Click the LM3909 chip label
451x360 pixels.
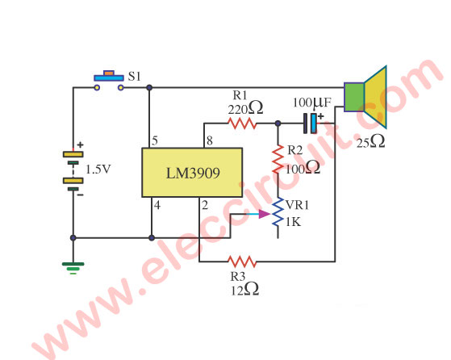click(x=193, y=173)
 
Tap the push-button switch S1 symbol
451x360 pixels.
click(x=109, y=80)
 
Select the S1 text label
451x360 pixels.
click(x=134, y=76)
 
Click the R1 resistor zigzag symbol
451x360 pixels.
click(x=242, y=123)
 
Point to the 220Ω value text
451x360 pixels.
click(x=245, y=108)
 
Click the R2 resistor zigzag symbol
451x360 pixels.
click(x=278, y=159)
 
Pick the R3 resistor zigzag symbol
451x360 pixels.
click(x=242, y=262)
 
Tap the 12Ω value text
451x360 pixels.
click(x=244, y=290)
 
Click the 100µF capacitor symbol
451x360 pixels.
click(x=311, y=123)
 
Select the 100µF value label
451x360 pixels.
click(x=312, y=103)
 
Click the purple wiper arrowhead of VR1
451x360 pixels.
click(x=264, y=214)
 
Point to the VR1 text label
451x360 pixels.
click(x=298, y=205)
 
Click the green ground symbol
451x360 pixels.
click(x=73, y=268)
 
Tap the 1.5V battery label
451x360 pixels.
click(x=98, y=170)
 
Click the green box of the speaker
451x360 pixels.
click(x=354, y=97)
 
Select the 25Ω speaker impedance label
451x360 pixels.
click(x=371, y=142)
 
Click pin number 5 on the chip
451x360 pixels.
click(x=155, y=140)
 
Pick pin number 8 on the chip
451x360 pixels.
click(x=210, y=140)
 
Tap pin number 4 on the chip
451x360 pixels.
click(x=157, y=205)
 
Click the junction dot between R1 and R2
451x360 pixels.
click(x=278, y=123)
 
